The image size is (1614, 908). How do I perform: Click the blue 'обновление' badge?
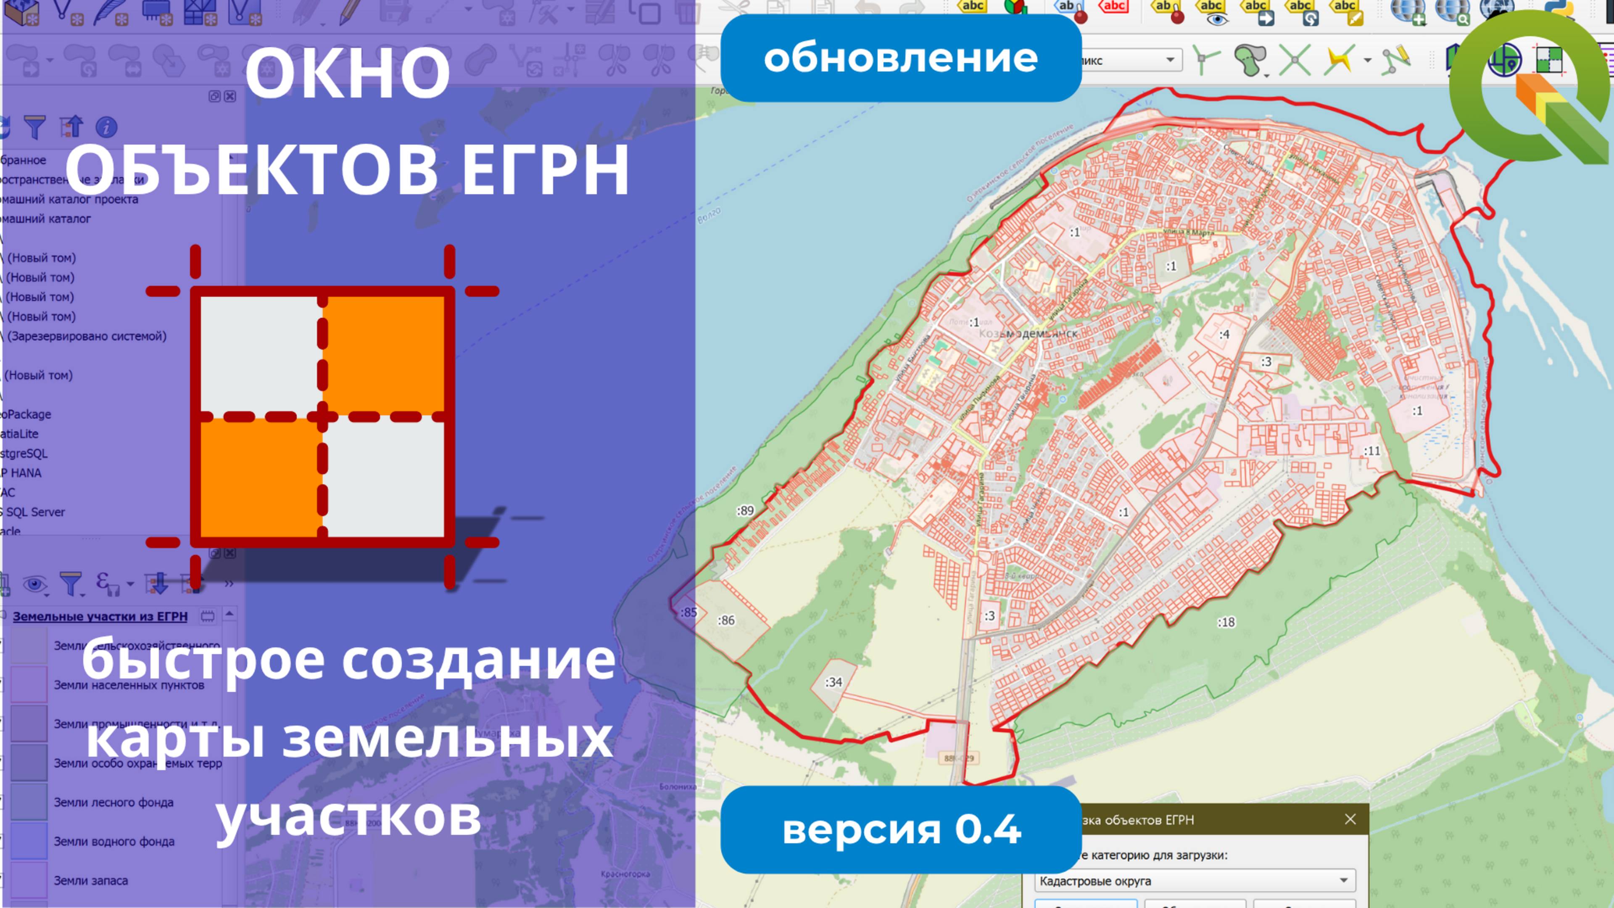coord(900,58)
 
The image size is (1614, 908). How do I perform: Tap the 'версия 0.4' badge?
coord(900,829)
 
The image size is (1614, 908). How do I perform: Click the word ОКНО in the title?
coord(348,73)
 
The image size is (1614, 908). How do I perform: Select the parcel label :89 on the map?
coord(745,511)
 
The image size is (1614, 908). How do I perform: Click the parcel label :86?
coord(726,620)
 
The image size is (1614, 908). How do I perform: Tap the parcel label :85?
coord(688,612)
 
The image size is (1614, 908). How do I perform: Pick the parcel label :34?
coord(833,682)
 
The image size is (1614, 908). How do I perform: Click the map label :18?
coord(1226,622)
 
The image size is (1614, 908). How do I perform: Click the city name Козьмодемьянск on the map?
coord(1028,333)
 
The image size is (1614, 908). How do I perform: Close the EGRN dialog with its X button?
coord(1350,819)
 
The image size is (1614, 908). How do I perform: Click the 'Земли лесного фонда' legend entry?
coord(113,802)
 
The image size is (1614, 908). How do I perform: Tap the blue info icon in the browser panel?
coord(106,127)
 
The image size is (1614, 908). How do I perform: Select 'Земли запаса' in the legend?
coord(91,880)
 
